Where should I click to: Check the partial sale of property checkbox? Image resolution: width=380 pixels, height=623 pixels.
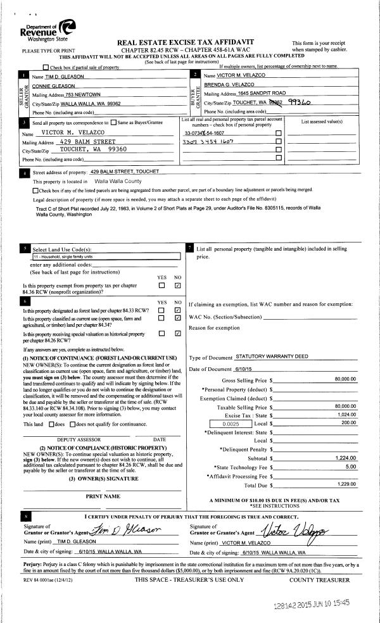[45, 67]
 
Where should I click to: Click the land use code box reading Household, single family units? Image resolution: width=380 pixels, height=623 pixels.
[106, 257]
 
